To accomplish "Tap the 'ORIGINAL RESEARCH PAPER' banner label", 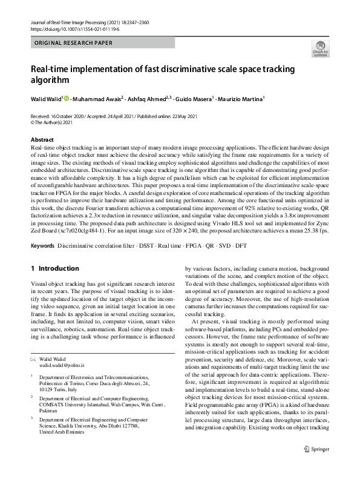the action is (x=73, y=44).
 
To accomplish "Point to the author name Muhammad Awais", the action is (x=97, y=97).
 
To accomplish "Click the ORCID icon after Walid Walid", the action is (x=66, y=97).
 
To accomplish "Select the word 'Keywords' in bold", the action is (x=42, y=246).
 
